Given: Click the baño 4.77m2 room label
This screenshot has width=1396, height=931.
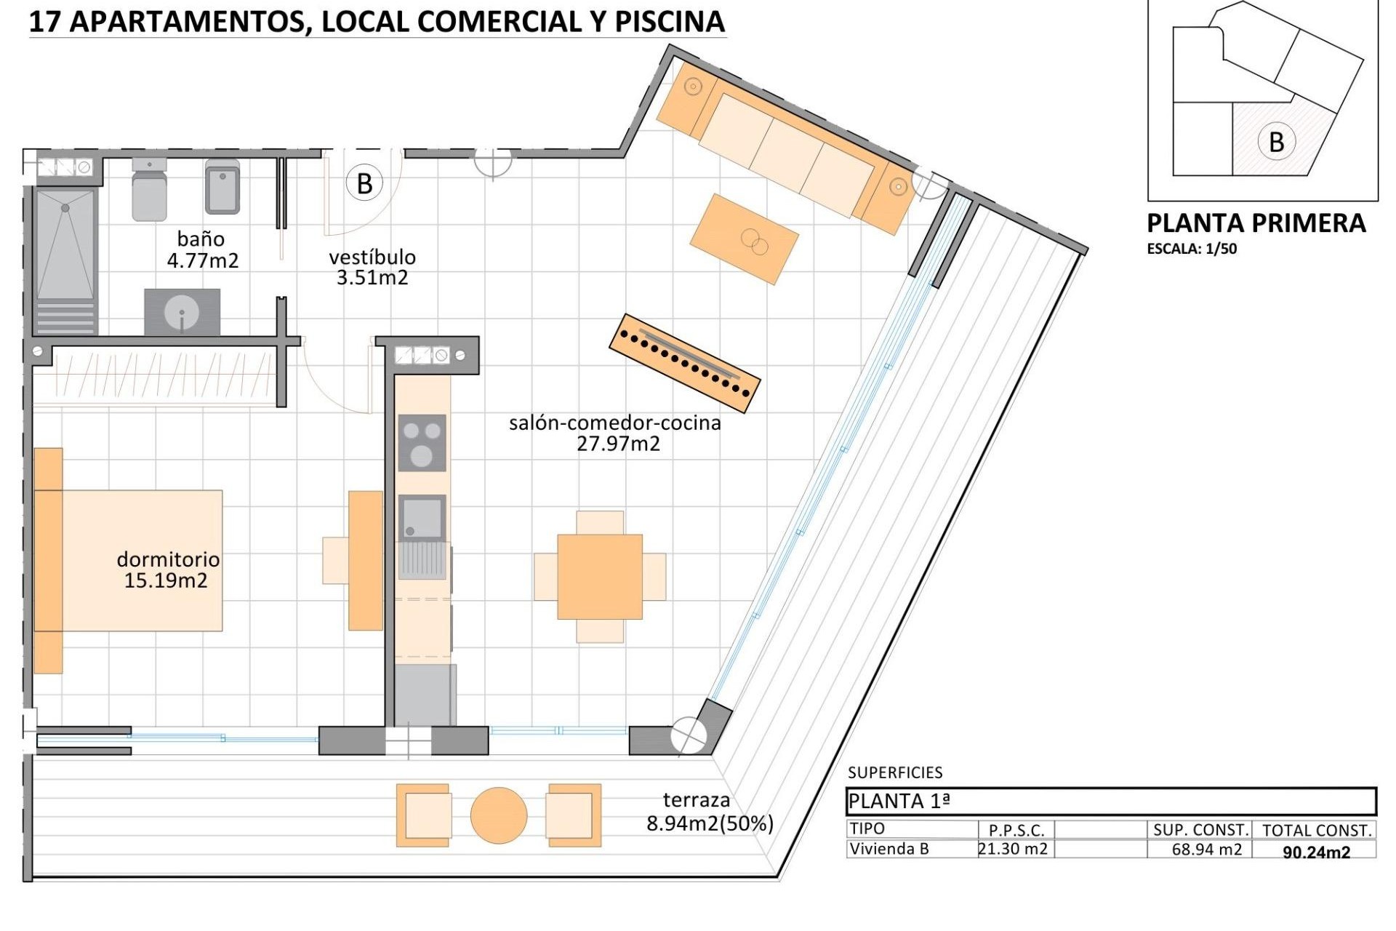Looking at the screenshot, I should click(x=202, y=249).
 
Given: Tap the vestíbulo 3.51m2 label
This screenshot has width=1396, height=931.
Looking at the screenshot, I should click(x=372, y=267).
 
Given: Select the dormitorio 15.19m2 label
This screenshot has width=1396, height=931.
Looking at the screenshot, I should click(x=168, y=570).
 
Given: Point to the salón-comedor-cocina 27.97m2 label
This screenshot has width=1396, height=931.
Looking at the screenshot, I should click(x=615, y=433).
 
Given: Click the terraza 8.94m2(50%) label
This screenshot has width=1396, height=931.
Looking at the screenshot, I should click(x=709, y=812).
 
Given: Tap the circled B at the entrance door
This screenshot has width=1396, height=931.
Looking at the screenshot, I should click(x=364, y=183).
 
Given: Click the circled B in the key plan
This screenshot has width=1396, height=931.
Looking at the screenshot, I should click(x=1276, y=142).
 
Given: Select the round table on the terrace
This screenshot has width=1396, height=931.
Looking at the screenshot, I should click(x=499, y=815).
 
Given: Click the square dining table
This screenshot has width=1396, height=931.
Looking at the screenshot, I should click(x=600, y=577).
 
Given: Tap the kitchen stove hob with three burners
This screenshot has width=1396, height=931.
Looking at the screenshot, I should click(x=422, y=443).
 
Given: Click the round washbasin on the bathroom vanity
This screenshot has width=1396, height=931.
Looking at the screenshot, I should click(x=182, y=313).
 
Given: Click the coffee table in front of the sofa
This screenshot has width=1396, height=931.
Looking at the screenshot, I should click(x=744, y=239).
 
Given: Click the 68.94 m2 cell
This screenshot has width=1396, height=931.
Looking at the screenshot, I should click(x=1206, y=850).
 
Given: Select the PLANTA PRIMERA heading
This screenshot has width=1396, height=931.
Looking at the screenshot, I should click(x=1256, y=223).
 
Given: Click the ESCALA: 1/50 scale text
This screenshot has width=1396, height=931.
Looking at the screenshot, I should click(x=1192, y=249).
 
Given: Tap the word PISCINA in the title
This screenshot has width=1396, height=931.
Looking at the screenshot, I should click(x=670, y=22).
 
